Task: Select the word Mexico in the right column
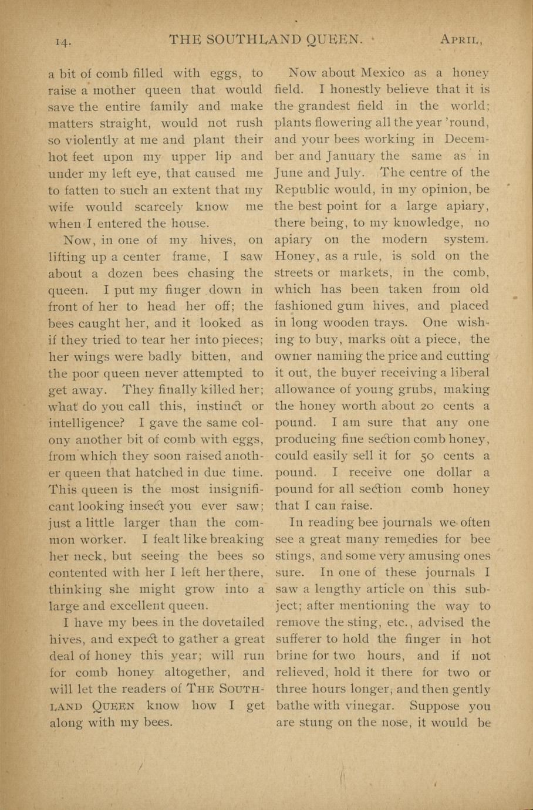click(x=382, y=73)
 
